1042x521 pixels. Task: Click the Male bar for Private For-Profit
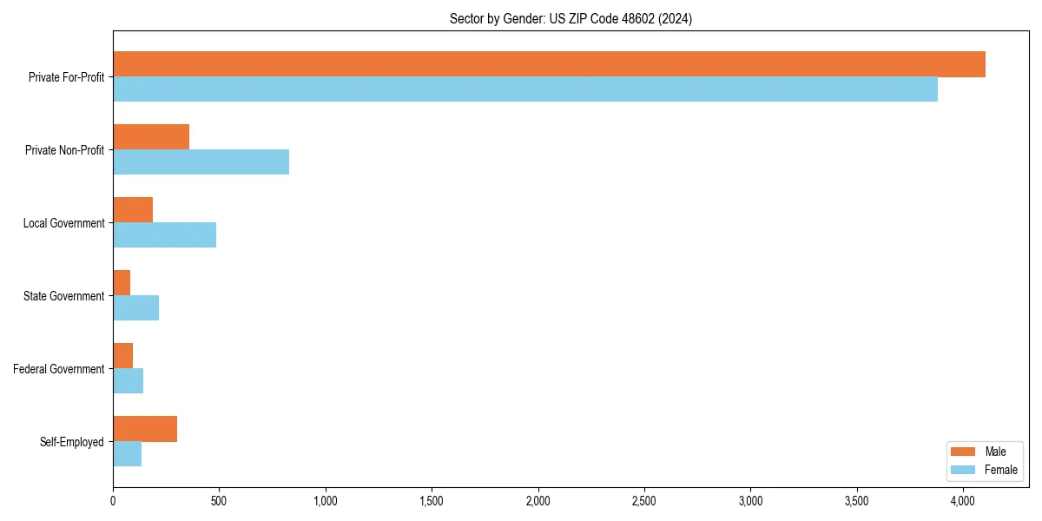click(x=549, y=64)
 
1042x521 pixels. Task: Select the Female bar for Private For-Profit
click(x=525, y=89)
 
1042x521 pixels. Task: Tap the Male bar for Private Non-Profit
click(x=151, y=137)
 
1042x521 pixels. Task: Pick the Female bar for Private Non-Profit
click(x=201, y=162)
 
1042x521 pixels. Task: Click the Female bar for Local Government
click(x=164, y=235)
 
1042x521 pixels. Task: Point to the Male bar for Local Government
click(x=133, y=210)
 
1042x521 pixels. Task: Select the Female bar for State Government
click(x=135, y=308)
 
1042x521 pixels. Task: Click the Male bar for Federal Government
click(x=122, y=356)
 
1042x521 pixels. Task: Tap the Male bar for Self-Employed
click(x=145, y=429)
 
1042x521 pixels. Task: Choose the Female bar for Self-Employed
click(x=127, y=454)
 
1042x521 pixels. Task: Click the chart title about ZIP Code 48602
click(x=570, y=18)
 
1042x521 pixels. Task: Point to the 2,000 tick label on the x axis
click(x=537, y=501)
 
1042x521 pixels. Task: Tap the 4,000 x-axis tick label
click(x=963, y=501)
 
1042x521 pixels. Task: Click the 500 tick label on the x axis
click(x=219, y=501)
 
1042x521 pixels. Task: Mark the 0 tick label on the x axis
click(x=113, y=501)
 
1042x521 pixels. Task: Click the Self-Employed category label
click(x=72, y=442)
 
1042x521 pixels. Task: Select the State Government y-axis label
click(x=64, y=296)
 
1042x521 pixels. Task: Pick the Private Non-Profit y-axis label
click(x=64, y=150)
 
